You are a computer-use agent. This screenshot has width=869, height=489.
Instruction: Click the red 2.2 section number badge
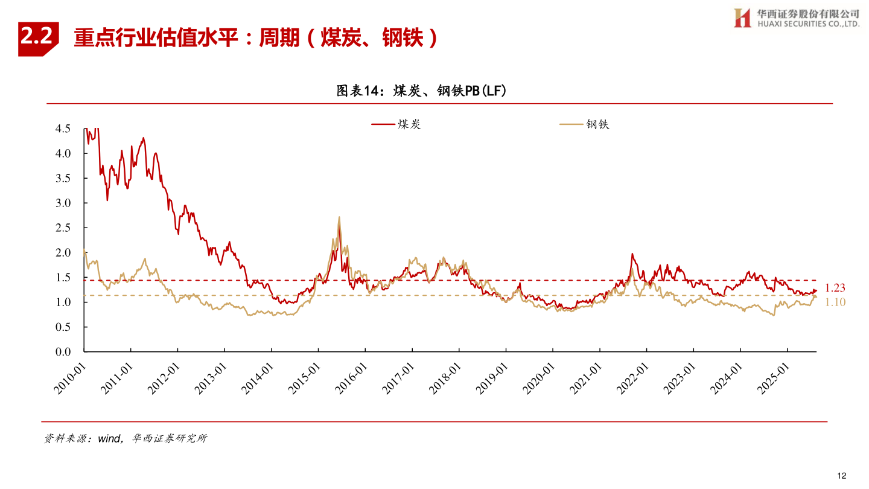point(37,39)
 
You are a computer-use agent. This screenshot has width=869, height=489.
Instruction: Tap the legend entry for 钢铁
point(585,124)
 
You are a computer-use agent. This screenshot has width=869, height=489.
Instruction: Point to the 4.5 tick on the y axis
point(63,129)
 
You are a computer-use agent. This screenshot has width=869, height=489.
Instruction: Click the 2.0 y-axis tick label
point(63,252)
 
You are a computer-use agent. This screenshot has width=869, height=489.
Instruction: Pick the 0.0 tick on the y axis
point(63,351)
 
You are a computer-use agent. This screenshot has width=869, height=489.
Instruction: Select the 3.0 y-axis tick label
point(63,203)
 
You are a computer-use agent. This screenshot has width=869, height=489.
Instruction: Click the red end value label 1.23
point(835,288)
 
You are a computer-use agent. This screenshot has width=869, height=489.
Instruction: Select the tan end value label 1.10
point(835,302)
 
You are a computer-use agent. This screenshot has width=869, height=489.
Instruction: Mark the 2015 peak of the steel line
point(339,217)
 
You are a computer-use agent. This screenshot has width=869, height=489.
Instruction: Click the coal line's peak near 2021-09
point(632,254)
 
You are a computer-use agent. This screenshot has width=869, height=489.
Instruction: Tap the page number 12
point(842,475)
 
